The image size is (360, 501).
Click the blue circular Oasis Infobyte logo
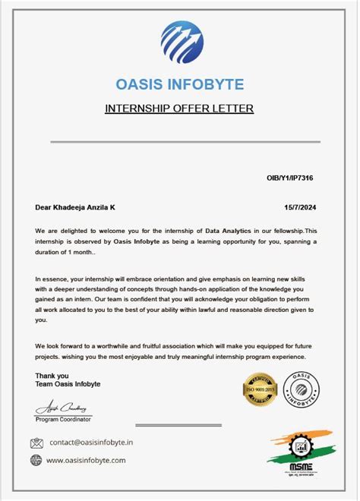point(180,43)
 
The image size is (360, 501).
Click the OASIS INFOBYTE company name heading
point(179,83)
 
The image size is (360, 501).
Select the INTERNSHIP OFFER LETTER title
point(179,109)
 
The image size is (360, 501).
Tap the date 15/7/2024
point(299,206)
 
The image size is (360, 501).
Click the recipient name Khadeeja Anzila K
point(83,206)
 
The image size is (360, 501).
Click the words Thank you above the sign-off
point(52,375)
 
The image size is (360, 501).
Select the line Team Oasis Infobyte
point(68,384)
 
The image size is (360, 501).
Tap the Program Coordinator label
point(63,419)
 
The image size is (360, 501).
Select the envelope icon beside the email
point(36,443)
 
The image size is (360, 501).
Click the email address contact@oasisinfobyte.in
point(91,443)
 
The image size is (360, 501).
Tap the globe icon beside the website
point(36,460)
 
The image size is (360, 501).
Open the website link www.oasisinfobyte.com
point(86,460)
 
